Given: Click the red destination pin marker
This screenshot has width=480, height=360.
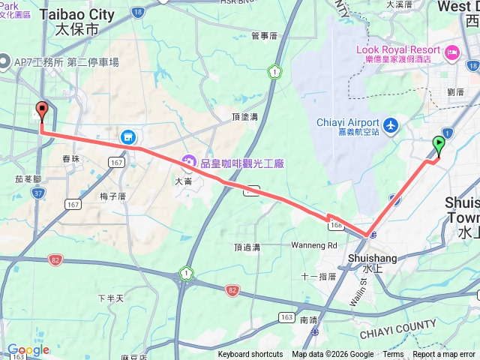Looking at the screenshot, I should [41, 111].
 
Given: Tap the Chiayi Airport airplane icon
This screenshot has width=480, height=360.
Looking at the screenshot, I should [390, 124].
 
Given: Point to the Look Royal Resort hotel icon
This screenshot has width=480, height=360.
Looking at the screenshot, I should [452, 52].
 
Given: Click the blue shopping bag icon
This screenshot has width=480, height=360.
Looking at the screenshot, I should [128, 137].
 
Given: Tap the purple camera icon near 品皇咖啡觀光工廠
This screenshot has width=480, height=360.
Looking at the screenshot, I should [188, 161].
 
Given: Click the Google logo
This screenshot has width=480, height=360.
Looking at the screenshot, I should [28, 349].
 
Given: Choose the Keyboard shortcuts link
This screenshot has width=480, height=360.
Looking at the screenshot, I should [250, 355].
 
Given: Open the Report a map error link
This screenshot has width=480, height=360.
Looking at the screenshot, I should [444, 355].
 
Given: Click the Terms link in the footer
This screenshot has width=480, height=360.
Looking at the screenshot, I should [393, 355].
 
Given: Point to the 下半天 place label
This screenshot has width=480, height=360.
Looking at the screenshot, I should [110, 298].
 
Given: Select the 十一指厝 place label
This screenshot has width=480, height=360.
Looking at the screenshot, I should [318, 277].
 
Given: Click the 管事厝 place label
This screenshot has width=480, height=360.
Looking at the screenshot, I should [264, 35].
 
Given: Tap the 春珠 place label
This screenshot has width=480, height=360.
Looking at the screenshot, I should [71, 158].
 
